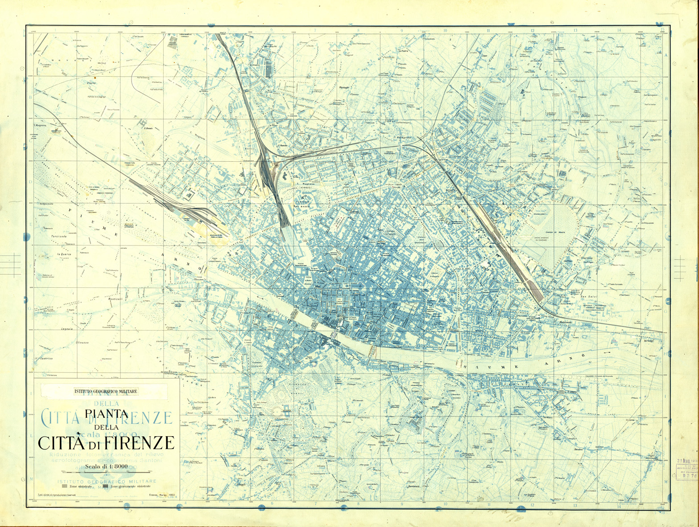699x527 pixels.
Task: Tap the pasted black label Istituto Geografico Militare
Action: point(106,392)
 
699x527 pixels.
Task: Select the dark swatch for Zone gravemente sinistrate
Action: point(105,487)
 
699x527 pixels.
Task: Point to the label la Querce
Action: point(65,254)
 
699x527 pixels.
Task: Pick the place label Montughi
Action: point(345,87)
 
